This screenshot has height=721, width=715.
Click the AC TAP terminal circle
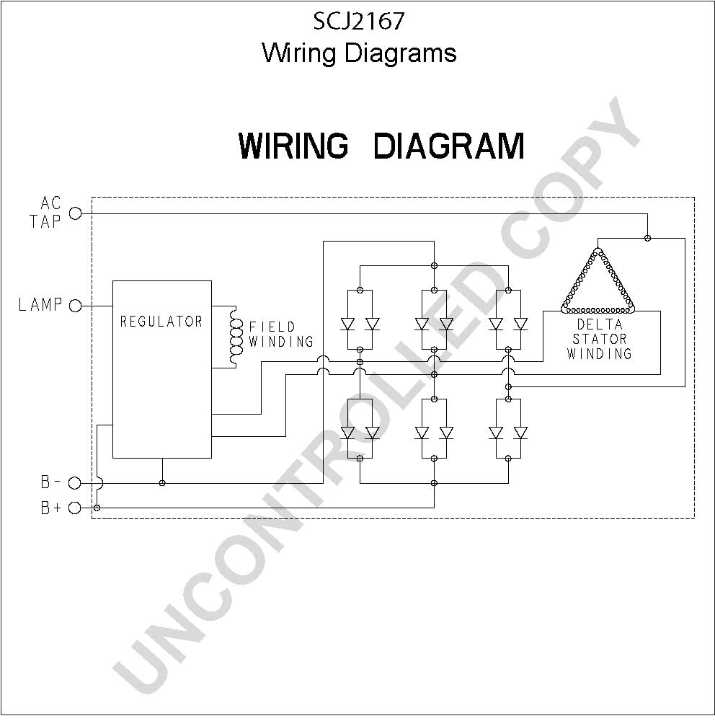tap(75, 214)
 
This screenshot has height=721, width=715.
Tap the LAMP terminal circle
tap(75, 306)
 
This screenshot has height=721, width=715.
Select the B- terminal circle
tap(74, 483)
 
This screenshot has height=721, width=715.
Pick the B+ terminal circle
tap(74, 508)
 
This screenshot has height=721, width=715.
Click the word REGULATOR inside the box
tap(161, 322)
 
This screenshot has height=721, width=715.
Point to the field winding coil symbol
tap(236, 337)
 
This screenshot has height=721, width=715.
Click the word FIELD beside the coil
tap(272, 327)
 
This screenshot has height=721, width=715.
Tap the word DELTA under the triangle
tap(600, 324)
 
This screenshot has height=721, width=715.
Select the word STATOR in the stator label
tap(600, 340)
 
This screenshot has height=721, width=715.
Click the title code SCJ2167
tap(359, 21)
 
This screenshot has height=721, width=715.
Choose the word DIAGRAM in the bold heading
tap(448, 146)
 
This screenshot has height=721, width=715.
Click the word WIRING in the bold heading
tap(293, 146)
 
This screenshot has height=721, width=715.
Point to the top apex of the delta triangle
tap(598, 249)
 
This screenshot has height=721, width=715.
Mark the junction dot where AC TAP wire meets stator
tap(647, 238)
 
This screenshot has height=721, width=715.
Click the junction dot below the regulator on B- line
tap(162, 483)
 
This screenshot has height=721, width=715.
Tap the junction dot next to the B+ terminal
tap(97, 508)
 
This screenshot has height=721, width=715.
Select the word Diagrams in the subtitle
tap(400, 54)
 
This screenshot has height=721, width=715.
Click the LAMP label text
tap(40, 304)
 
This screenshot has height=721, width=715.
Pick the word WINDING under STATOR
tap(600, 353)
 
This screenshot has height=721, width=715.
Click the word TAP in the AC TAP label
tap(45, 221)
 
